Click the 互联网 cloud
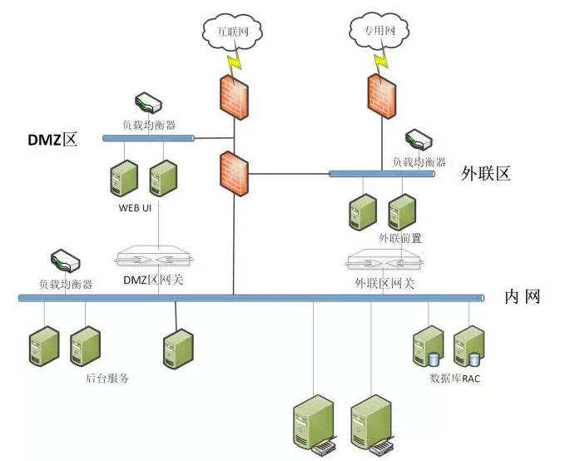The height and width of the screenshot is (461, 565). [232, 32]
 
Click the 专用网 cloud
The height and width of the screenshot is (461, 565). [379, 31]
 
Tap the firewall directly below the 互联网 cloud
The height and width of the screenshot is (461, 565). [234, 97]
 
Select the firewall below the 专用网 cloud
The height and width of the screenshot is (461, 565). [382, 96]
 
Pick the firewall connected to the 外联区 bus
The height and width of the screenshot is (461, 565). [234, 173]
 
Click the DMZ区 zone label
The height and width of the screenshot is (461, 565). [52, 140]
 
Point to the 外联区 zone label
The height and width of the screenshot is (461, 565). [485, 174]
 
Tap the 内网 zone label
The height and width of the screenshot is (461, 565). [522, 297]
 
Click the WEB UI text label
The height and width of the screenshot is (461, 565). [135, 208]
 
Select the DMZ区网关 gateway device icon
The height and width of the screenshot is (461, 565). [154, 256]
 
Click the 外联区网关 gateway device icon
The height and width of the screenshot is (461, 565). [384, 260]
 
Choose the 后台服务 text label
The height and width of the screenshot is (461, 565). [107, 379]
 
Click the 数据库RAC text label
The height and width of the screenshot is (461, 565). [455, 379]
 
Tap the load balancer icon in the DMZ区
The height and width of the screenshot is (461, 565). [148, 103]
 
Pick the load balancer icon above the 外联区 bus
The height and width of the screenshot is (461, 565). [419, 140]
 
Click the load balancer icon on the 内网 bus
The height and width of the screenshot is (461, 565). [65, 260]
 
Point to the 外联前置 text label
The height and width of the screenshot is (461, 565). [400, 238]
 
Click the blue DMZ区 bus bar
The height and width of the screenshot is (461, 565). [148, 138]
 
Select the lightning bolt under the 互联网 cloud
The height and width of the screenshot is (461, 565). [234, 62]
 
